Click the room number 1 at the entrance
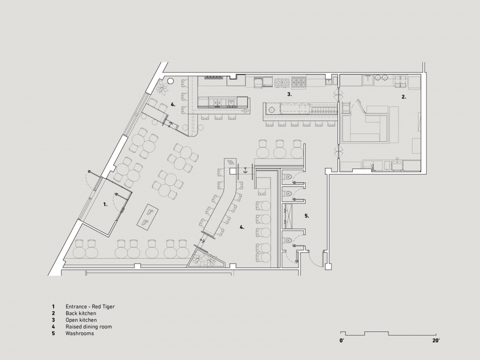tap(105, 204)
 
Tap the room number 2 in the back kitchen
tap(404, 96)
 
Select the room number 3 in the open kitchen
tap(289, 94)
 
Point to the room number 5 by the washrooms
tap(306, 216)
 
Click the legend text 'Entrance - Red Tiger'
tap(90, 306)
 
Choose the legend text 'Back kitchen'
tap(81, 313)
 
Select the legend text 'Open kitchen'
tap(81, 320)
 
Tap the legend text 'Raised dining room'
tap(89, 326)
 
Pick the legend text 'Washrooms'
tap(79, 333)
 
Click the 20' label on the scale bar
tap(436, 340)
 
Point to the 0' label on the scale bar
tap(341, 340)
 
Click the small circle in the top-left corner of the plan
tap(170, 81)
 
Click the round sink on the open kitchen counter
tap(271, 109)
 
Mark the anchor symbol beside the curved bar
tap(244, 170)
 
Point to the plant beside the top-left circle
tap(161, 87)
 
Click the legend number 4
tap(53, 326)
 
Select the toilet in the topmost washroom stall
tap(288, 176)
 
